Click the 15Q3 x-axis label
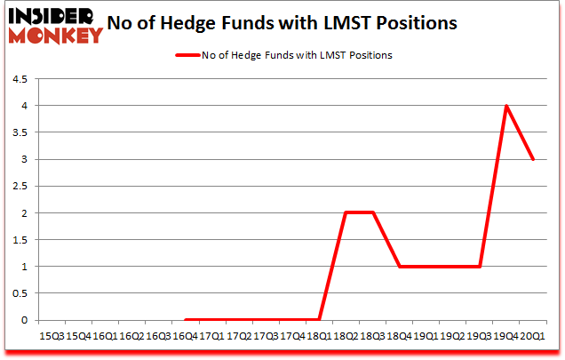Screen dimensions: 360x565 click(x=52, y=336)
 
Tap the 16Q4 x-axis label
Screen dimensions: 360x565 click(x=185, y=336)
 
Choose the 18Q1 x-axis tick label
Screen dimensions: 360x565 click(x=318, y=336)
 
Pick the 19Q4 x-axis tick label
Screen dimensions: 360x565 click(x=505, y=336)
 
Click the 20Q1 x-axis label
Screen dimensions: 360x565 click(x=532, y=336)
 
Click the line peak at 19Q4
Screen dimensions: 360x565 click(x=505, y=106)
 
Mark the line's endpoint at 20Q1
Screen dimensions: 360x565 click(x=532, y=159)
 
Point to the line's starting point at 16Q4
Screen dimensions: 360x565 click(x=185, y=320)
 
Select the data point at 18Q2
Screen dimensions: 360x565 click(x=346, y=213)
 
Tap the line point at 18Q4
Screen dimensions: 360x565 click(x=399, y=267)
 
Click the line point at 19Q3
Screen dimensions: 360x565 click(x=479, y=267)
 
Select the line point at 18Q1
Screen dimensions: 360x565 click(x=318, y=320)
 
